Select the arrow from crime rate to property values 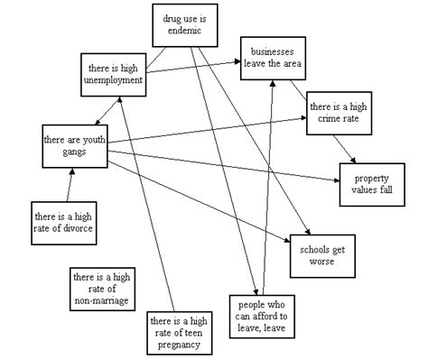[x=342, y=147]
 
